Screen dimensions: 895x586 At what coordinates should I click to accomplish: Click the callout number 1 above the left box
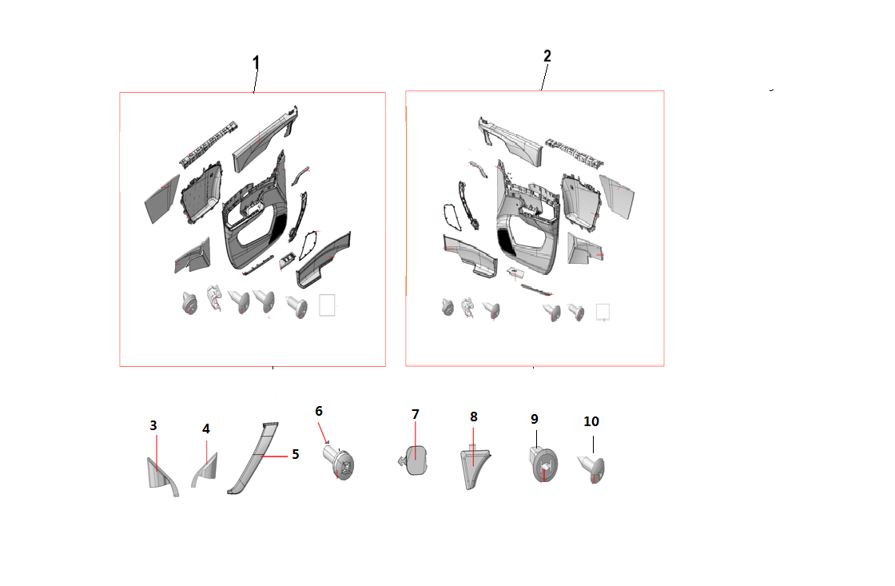pyautogui.click(x=256, y=62)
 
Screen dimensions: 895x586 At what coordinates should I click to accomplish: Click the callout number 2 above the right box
pyautogui.click(x=547, y=56)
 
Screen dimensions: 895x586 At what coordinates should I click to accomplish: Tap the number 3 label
pyautogui.click(x=153, y=425)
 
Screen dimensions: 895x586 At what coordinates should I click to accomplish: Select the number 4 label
pyautogui.click(x=206, y=429)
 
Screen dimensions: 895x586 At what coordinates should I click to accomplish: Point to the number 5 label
pyautogui.click(x=296, y=454)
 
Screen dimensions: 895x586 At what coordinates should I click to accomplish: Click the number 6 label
pyautogui.click(x=319, y=411)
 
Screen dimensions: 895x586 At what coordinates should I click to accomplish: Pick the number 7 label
pyautogui.click(x=416, y=414)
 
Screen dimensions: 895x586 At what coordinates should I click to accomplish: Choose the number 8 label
pyautogui.click(x=474, y=417)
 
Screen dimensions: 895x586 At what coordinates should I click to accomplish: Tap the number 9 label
pyautogui.click(x=535, y=419)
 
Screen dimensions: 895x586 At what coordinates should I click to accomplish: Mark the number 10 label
pyautogui.click(x=591, y=421)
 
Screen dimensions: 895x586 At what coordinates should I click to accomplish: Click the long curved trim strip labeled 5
pyautogui.click(x=253, y=457)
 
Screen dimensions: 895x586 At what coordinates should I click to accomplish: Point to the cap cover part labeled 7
pyautogui.click(x=415, y=460)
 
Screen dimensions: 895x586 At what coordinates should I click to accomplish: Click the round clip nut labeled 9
pyautogui.click(x=543, y=465)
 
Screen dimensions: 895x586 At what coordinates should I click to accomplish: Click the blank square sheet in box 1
pyautogui.click(x=327, y=305)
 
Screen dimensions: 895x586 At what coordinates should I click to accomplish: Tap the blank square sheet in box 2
pyautogui.click(x=603, y=312)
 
